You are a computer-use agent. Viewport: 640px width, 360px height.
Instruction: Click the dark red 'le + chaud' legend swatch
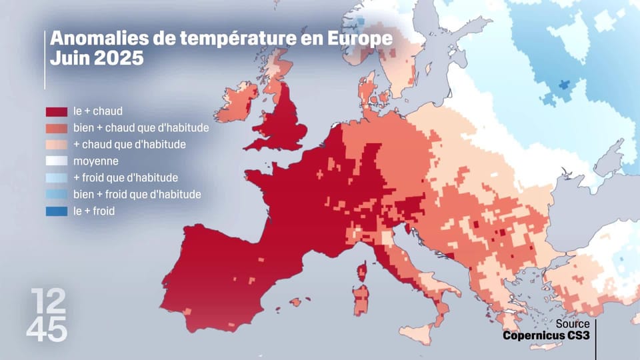[x=56, y=111]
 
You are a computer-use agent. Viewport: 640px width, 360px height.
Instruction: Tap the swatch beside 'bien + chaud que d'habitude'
[x=56, y=128]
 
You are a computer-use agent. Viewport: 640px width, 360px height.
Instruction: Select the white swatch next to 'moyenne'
[x=56, y=161]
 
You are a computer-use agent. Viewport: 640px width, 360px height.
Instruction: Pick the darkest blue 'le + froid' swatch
[x=56, y=211]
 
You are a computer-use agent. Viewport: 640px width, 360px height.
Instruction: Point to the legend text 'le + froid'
[x=94, y=211]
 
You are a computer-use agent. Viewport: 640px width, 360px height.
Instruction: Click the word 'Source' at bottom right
[x=573, y=324]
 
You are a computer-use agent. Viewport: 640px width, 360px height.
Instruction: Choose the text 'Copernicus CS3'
[x=545, y=335]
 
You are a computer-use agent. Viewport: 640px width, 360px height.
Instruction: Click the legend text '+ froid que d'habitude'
[x=125, y=178]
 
